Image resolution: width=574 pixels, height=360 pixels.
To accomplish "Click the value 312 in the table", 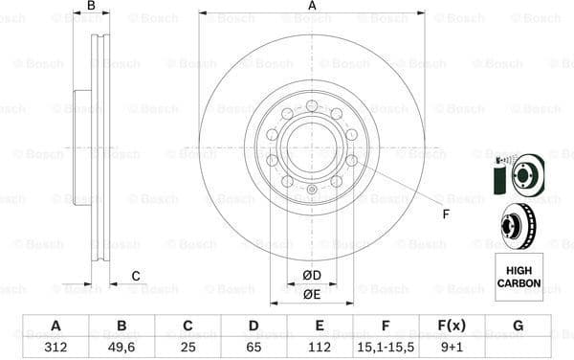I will [55, 349].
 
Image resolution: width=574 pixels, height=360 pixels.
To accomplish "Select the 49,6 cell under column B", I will [121, 349].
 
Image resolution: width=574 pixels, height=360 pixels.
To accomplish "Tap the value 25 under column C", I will [188, 349].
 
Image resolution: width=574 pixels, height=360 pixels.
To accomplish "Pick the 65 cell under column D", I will [254, 349].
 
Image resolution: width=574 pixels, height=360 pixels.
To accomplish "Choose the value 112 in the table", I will [320, 349].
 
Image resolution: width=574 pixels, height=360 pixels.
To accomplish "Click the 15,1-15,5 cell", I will [386, 349].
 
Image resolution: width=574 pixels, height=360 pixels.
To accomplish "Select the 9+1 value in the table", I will [452, 349].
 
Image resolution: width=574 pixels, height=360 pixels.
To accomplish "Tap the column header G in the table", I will [519, 326].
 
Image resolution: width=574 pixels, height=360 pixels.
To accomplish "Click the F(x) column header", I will [452, 326].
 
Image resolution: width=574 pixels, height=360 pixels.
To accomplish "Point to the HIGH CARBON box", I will [519, 277].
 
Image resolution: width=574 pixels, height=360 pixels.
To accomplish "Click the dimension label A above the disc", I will [312, 7].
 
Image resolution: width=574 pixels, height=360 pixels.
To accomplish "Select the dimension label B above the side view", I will [92, 7].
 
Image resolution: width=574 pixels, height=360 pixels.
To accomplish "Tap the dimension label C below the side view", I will [136, 277].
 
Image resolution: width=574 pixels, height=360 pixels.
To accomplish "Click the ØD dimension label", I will [312, 277].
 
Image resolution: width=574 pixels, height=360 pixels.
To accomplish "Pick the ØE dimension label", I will [312, 295].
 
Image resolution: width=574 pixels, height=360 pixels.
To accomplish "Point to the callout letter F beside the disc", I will [446, 213].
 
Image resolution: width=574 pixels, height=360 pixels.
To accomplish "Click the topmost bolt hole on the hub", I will [312, 105].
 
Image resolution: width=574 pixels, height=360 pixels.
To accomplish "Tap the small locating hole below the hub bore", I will [312, 189].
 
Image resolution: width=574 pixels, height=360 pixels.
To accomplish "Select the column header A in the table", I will [55, 326].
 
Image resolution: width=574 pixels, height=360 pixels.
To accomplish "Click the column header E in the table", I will [320, 326].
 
